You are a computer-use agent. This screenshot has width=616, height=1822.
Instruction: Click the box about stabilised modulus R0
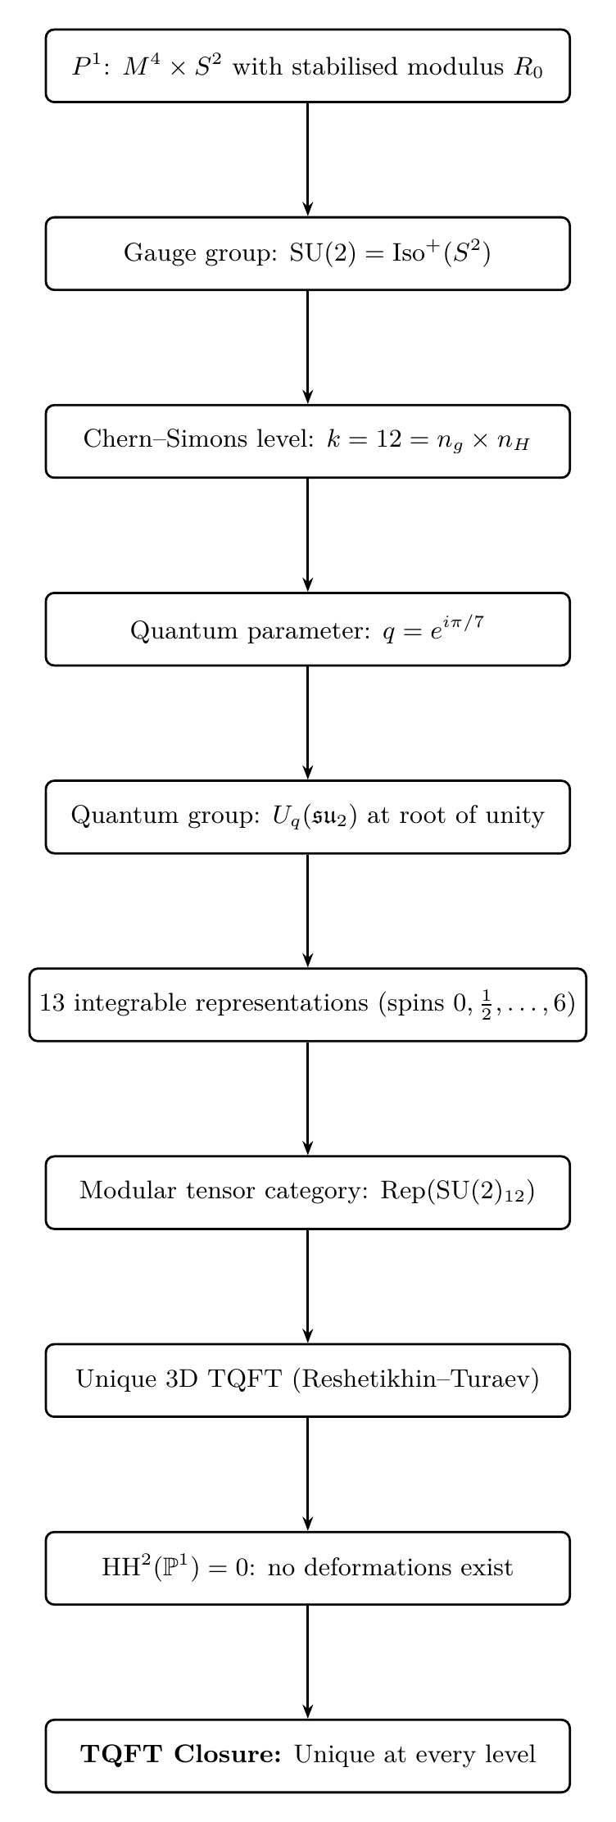[307, 66]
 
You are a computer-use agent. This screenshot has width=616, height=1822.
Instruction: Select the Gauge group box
[307, 253]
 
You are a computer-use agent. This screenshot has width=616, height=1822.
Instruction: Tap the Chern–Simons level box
[307, 441]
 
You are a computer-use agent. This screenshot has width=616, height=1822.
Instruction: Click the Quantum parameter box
[307, 629]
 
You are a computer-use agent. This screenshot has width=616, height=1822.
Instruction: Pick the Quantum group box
[307, 816]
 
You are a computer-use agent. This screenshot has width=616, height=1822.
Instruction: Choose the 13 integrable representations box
[307, 1004]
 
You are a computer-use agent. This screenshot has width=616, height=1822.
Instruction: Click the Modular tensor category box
[307, 1192]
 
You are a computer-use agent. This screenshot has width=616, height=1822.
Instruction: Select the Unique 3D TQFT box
[307, 1379]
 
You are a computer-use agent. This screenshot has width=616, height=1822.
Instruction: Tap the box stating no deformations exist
[307, 1567]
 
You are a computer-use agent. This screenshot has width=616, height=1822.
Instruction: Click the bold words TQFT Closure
[181, 1755]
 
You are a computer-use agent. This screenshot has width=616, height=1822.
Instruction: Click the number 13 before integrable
[52, 1004]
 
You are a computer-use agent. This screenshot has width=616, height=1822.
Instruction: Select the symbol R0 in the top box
[528, 67]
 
